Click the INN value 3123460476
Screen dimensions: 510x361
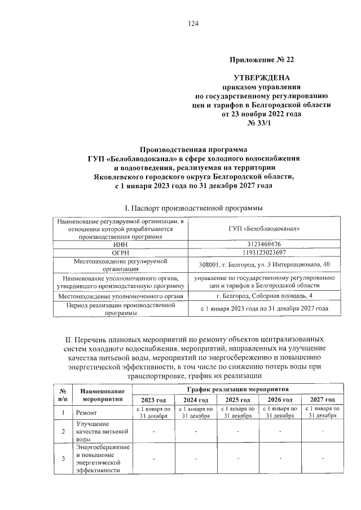264,244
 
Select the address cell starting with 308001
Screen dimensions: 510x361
264,264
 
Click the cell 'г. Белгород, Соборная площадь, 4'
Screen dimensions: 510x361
264,295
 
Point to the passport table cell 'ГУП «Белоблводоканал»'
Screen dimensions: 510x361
264,228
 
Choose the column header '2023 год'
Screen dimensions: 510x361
153,399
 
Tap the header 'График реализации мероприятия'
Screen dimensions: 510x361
237,389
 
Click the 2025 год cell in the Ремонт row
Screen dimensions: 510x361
237,413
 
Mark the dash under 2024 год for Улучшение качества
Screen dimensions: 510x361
195,431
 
